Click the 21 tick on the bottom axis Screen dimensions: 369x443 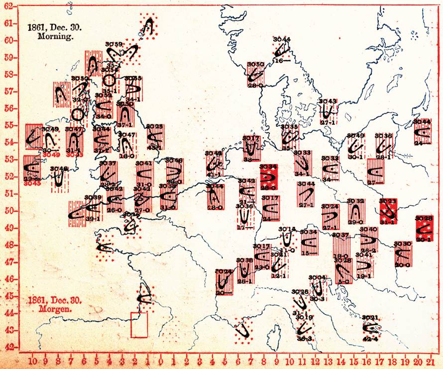coord(433,361)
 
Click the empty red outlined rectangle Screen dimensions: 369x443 coord(139,325)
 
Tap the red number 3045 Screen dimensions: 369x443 coord(33,183)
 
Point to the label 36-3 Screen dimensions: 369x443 coord(305,339)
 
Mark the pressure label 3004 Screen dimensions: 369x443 coord(317,277)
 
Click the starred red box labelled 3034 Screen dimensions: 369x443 coord(268,177)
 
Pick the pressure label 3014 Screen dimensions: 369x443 coord(287,229)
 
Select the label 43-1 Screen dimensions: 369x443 coord(155,148)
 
